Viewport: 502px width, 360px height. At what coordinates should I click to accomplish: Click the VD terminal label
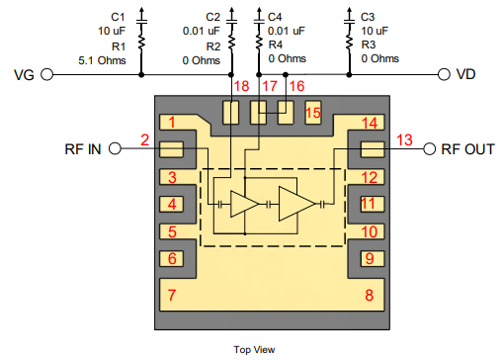pos(478,74)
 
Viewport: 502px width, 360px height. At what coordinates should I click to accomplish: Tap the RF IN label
pos(81,149)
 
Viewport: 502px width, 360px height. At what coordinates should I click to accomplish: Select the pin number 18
pos(241,87)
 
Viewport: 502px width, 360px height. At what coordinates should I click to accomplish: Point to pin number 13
pos(404,138)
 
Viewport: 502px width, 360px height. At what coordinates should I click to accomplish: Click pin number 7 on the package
pos(172,296)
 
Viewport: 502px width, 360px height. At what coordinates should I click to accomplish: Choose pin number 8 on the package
pos(369,296)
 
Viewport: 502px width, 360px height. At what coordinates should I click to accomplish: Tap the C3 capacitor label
pos(368,17)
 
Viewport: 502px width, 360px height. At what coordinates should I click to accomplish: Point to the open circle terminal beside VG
pos(46,74)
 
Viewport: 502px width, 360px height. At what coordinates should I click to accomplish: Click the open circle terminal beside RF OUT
pos(430,149)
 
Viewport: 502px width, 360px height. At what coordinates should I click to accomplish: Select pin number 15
pos(312,113)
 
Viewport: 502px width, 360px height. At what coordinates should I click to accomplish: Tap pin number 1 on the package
pos(172,124)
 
